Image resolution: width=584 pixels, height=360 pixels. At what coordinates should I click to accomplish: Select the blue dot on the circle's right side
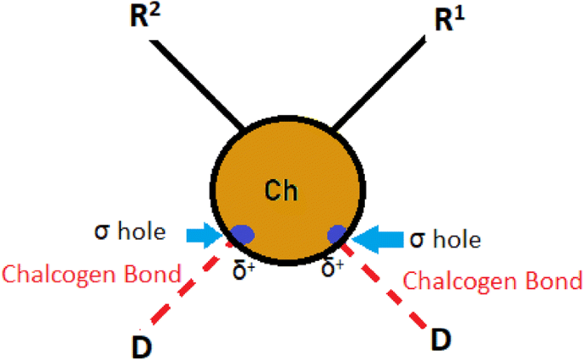338,232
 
